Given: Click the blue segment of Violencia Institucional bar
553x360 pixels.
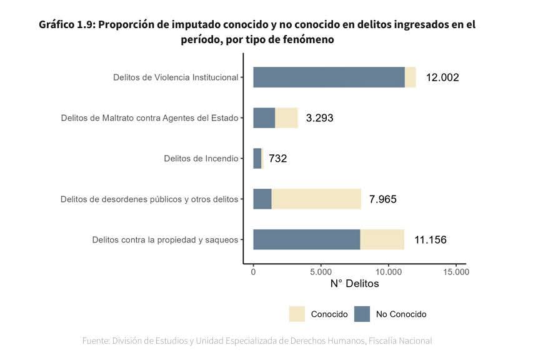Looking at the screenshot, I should (329, 77).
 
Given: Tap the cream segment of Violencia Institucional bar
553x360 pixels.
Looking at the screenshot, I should (410, 77).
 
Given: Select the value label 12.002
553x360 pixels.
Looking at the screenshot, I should (442, 77).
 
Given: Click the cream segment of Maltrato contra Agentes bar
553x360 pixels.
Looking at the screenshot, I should (286, 117).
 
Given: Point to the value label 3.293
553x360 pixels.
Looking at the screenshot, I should (319, 118).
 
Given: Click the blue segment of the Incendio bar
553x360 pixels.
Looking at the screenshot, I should (257, 158).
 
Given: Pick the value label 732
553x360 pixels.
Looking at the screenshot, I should (277, 159).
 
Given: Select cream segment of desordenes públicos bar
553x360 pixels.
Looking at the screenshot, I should (316, 199).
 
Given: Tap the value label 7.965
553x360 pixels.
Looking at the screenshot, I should (382, 199).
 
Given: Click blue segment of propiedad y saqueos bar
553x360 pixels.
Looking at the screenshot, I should (306, 239).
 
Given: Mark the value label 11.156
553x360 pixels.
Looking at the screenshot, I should (430, 240).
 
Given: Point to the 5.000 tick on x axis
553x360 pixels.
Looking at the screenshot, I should (321, 272).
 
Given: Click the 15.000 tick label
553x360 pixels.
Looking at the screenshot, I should (456, 272).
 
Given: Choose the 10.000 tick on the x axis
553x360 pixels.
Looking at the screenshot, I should (388, 272).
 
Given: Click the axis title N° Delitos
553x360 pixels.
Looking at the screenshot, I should (354, 284).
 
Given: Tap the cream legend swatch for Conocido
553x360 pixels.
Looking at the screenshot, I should (297, 314).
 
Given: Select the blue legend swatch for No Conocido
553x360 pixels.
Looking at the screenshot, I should (362, 314).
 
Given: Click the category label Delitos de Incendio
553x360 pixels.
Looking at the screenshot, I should (201, 159).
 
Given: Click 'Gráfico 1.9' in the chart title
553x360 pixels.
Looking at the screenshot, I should (66, 24).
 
